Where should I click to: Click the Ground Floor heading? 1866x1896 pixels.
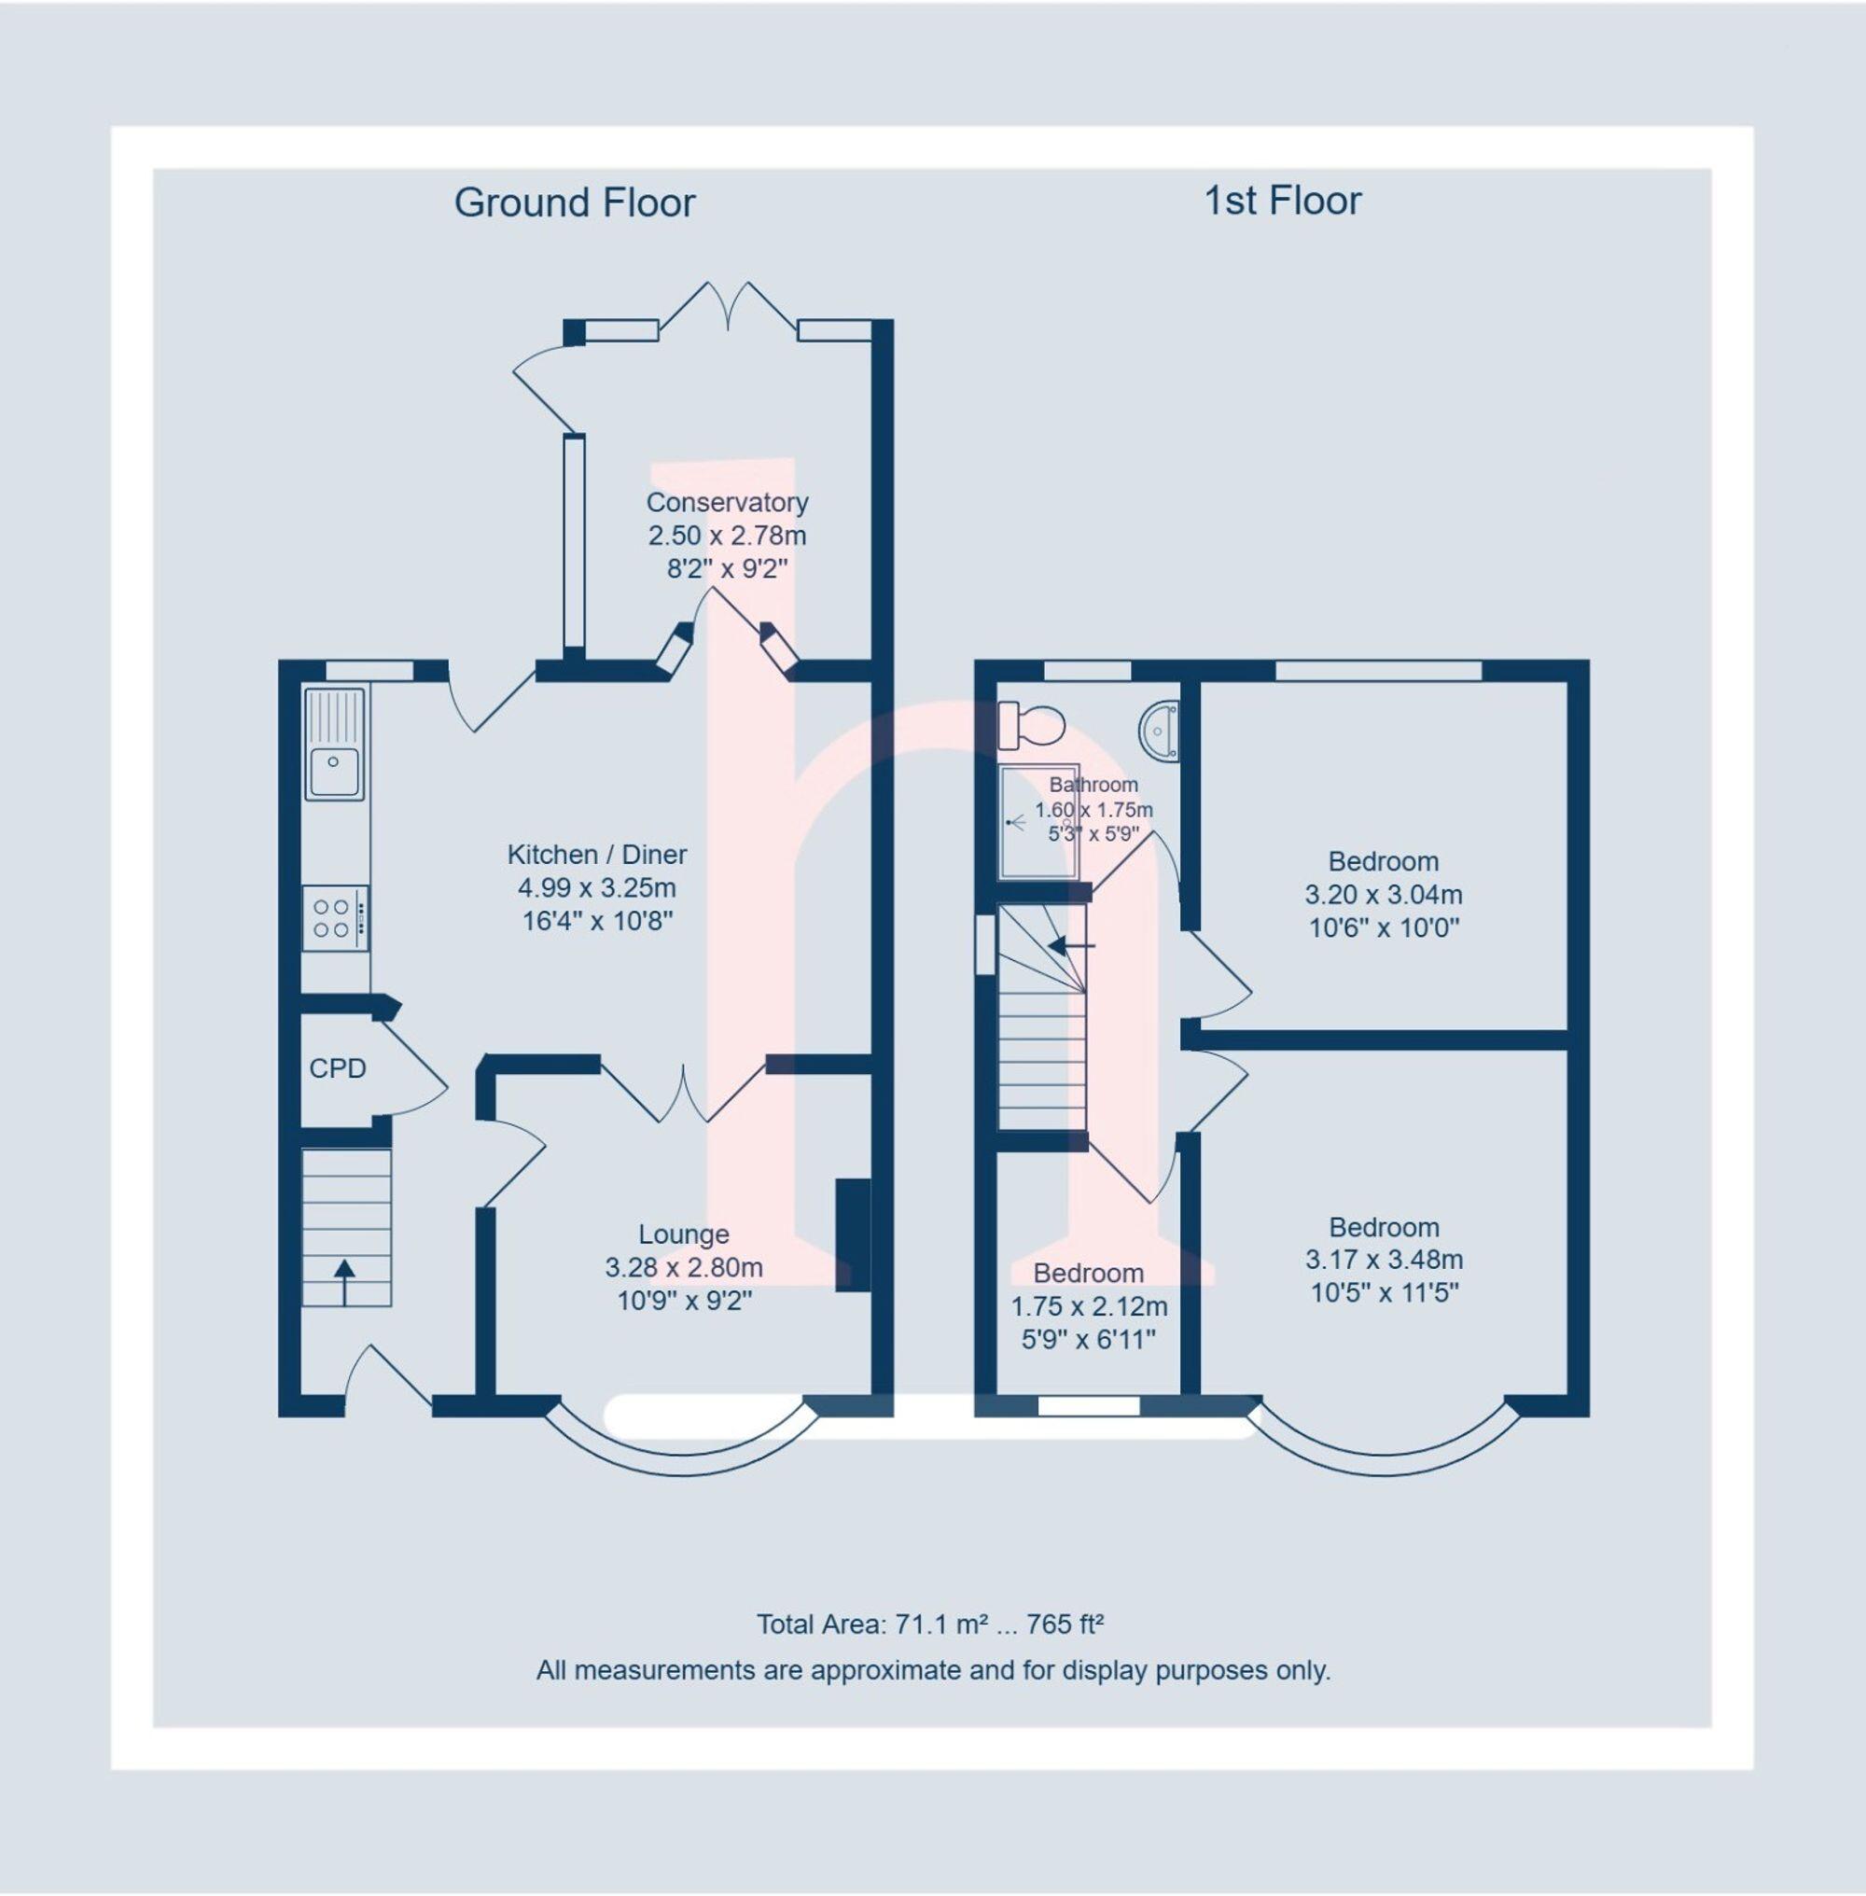575,202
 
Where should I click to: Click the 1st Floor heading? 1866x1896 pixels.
1282,201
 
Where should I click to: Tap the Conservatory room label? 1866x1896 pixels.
727,502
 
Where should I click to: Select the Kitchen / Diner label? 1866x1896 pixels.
597,854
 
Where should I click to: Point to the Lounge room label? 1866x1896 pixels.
683,1234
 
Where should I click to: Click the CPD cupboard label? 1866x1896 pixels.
337,1068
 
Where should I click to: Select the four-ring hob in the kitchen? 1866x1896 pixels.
334,917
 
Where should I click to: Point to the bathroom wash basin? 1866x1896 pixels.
1161,730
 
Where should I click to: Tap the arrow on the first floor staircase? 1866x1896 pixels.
1070,945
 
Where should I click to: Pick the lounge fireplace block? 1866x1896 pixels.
852,1234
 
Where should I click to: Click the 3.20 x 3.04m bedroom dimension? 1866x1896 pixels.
1383,894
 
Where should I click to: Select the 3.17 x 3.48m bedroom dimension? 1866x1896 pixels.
1384,1260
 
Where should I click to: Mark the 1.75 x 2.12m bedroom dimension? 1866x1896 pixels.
1088,1305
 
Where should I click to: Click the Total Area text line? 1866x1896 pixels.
930,1624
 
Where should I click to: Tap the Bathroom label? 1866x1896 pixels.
1093,785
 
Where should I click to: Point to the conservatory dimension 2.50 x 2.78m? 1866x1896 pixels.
727,536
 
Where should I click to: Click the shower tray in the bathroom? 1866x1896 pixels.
1037,821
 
